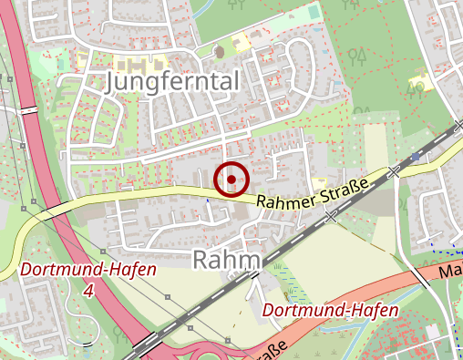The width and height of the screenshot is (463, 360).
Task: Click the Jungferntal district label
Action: [x=172, y=81]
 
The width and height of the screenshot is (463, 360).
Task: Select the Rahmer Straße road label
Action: [x=312, y=196]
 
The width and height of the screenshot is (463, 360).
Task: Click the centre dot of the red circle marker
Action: [x=232, y=179]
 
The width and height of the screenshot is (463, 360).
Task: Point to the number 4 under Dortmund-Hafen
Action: [x=87, y=291]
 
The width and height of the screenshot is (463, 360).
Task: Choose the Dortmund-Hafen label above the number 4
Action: [x=87, y=271]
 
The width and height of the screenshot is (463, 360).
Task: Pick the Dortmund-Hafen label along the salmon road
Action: [x=330, y=311]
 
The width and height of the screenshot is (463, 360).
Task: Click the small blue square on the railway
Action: [x=416, y=157]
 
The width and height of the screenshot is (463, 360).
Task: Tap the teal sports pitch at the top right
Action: [x=314, y=13]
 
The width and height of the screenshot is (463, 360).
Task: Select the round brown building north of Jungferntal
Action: [x=218, y=52]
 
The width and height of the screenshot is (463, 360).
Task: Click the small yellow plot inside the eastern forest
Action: [x=420, y=85]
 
